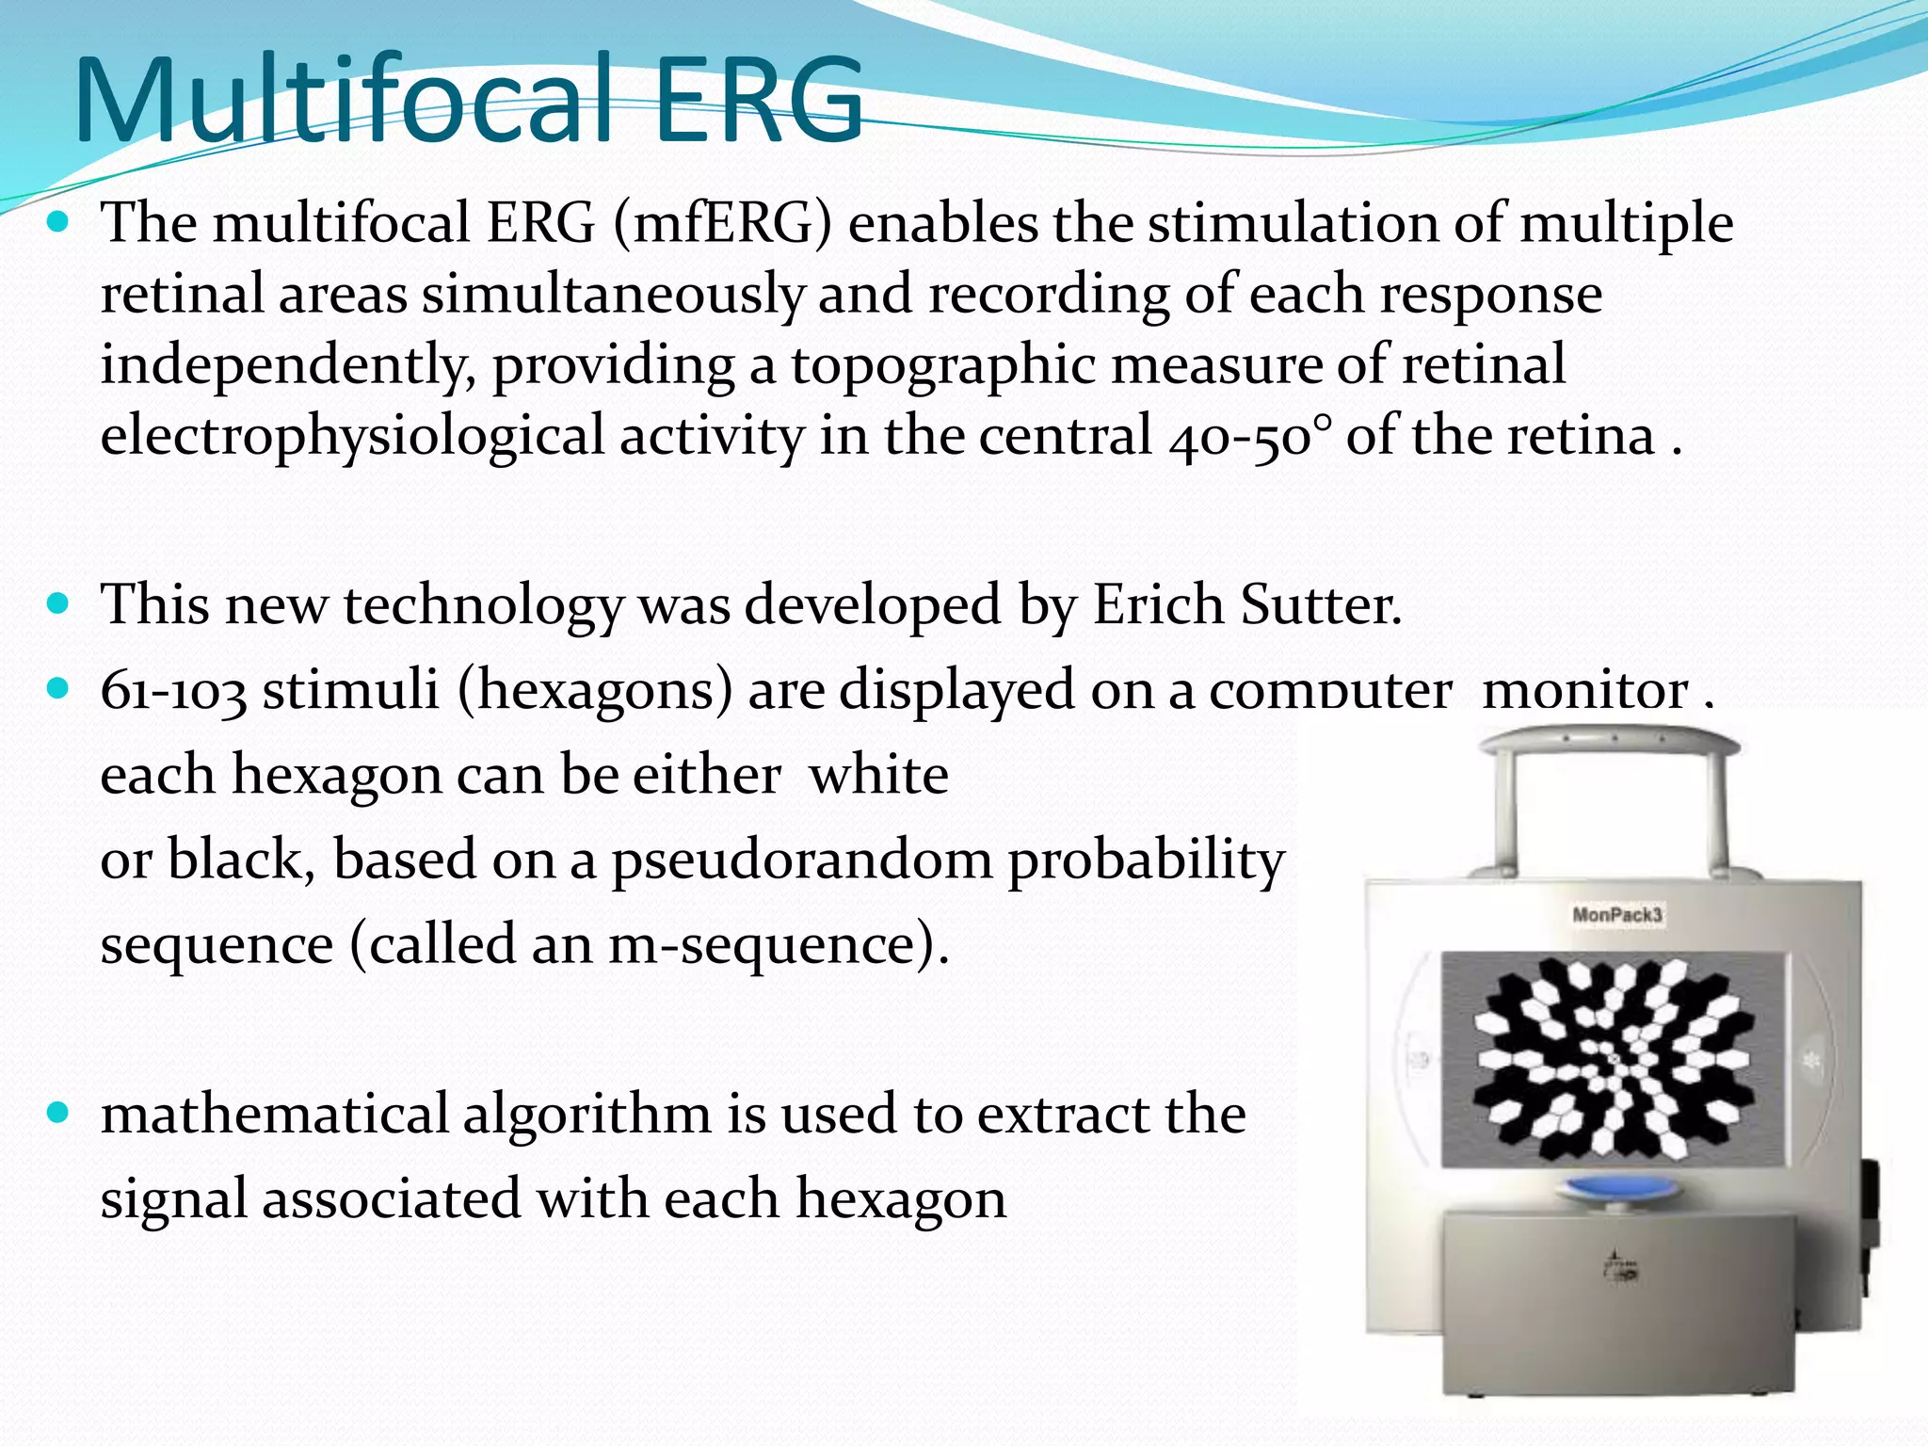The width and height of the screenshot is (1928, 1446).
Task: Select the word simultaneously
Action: pos(612,295)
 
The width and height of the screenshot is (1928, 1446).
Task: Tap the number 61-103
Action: pos(173,690)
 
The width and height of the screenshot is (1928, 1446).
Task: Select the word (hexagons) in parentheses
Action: pos(595,690)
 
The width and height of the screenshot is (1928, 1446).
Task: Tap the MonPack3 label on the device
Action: pos(1616,915)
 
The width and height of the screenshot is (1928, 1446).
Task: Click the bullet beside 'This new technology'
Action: pos(58,603)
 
